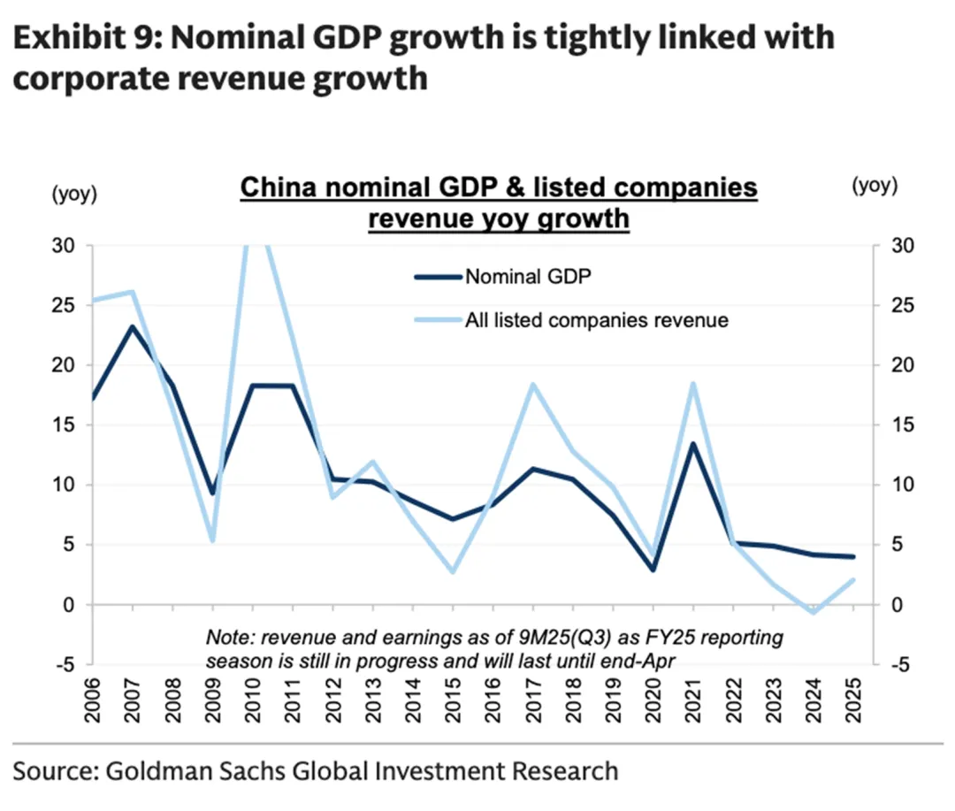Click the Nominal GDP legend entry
coord(528,276)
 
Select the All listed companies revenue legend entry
coord(596,320)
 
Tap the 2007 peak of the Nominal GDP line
coord(132,326)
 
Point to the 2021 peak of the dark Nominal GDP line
coord(693,443)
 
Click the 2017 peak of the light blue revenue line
coord(533,384)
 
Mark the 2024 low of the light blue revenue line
coord(814,612)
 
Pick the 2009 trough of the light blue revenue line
coord(212,540)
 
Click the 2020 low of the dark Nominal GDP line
coord(653,570)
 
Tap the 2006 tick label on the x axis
coord(92,703)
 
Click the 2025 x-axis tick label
coord(853,703)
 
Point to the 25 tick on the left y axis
coord(71,306)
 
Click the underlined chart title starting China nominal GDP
coord(499,203)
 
